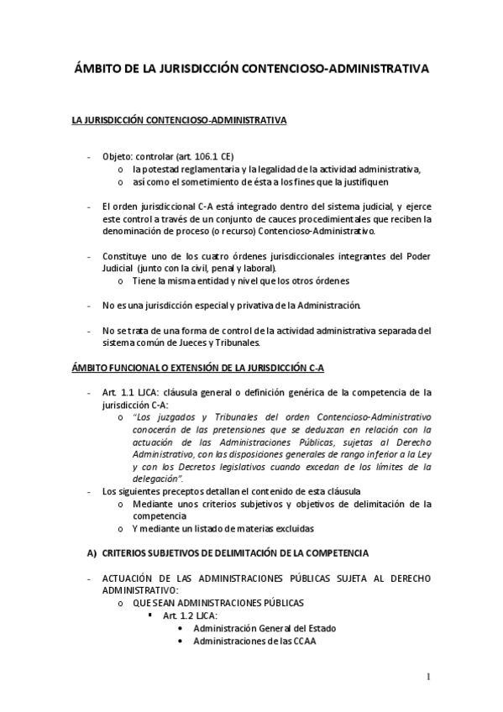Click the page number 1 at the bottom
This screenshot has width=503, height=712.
point(428,677)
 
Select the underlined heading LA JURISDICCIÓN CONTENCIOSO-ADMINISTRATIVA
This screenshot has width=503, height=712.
point(179,121)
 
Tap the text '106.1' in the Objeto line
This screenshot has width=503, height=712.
point(207,156)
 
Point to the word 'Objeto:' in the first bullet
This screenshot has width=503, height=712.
point(119,156)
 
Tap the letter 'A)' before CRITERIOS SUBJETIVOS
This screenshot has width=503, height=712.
point(92,553)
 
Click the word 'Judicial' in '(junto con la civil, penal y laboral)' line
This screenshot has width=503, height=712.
point(120,267)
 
